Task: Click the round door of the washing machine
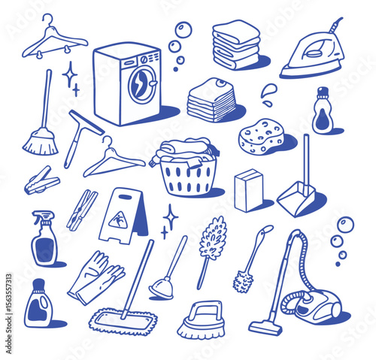point(142,84)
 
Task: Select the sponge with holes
point(261,136)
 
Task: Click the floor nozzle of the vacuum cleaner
point(265,328)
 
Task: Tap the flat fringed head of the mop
point(123,322)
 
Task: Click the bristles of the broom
point(40,141)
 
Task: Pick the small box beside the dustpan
point(248,190)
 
